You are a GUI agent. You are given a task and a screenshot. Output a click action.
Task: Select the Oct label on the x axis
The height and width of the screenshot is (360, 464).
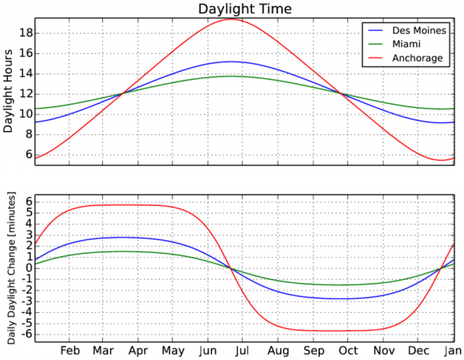tap(348, 350)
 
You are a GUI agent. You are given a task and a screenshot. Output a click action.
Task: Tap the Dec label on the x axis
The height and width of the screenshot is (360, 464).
tap(418, 350)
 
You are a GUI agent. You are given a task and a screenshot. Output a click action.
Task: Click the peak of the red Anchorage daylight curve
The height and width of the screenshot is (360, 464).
tap(230, 19)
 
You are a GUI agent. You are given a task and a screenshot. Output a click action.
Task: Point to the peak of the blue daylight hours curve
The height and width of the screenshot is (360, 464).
tap(230, 61)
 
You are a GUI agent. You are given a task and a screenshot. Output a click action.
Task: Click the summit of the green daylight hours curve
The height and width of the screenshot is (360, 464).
tap(230, 76)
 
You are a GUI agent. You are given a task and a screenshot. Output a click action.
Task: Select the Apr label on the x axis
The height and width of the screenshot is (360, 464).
tap(139, 350)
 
